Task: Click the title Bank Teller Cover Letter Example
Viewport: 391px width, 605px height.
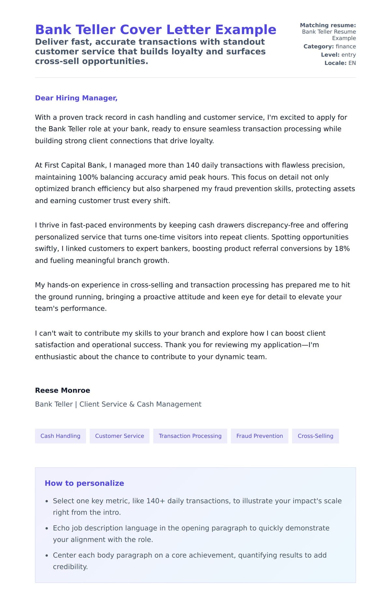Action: coord(155,30)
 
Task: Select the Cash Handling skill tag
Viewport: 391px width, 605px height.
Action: coord(60,436)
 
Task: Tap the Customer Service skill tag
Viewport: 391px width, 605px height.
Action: coord(119,436)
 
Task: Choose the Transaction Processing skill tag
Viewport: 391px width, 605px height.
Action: coord(190,436)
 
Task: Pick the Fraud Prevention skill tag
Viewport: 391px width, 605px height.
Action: coord(259,436)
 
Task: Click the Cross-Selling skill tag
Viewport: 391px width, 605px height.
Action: coord(315,436)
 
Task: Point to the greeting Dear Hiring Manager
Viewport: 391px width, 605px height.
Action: coord(76,98)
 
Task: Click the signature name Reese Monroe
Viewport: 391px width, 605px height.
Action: coord(63,390)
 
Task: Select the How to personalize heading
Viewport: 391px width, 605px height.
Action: coord(84,483)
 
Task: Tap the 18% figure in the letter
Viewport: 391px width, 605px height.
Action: coord(342,249)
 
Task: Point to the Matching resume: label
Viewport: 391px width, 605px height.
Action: coord(328,25)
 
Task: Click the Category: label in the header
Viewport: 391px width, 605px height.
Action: coord(318,47)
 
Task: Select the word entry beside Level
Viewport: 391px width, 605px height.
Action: coord(348,55)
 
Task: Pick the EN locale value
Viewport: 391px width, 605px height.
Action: coord(352,63)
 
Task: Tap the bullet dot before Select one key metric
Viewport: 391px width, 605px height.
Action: coord(47,501)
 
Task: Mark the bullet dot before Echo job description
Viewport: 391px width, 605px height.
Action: coord(47,528)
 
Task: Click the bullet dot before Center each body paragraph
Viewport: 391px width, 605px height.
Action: coord(47,555)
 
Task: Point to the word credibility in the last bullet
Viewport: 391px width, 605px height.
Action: coord(70,567)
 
